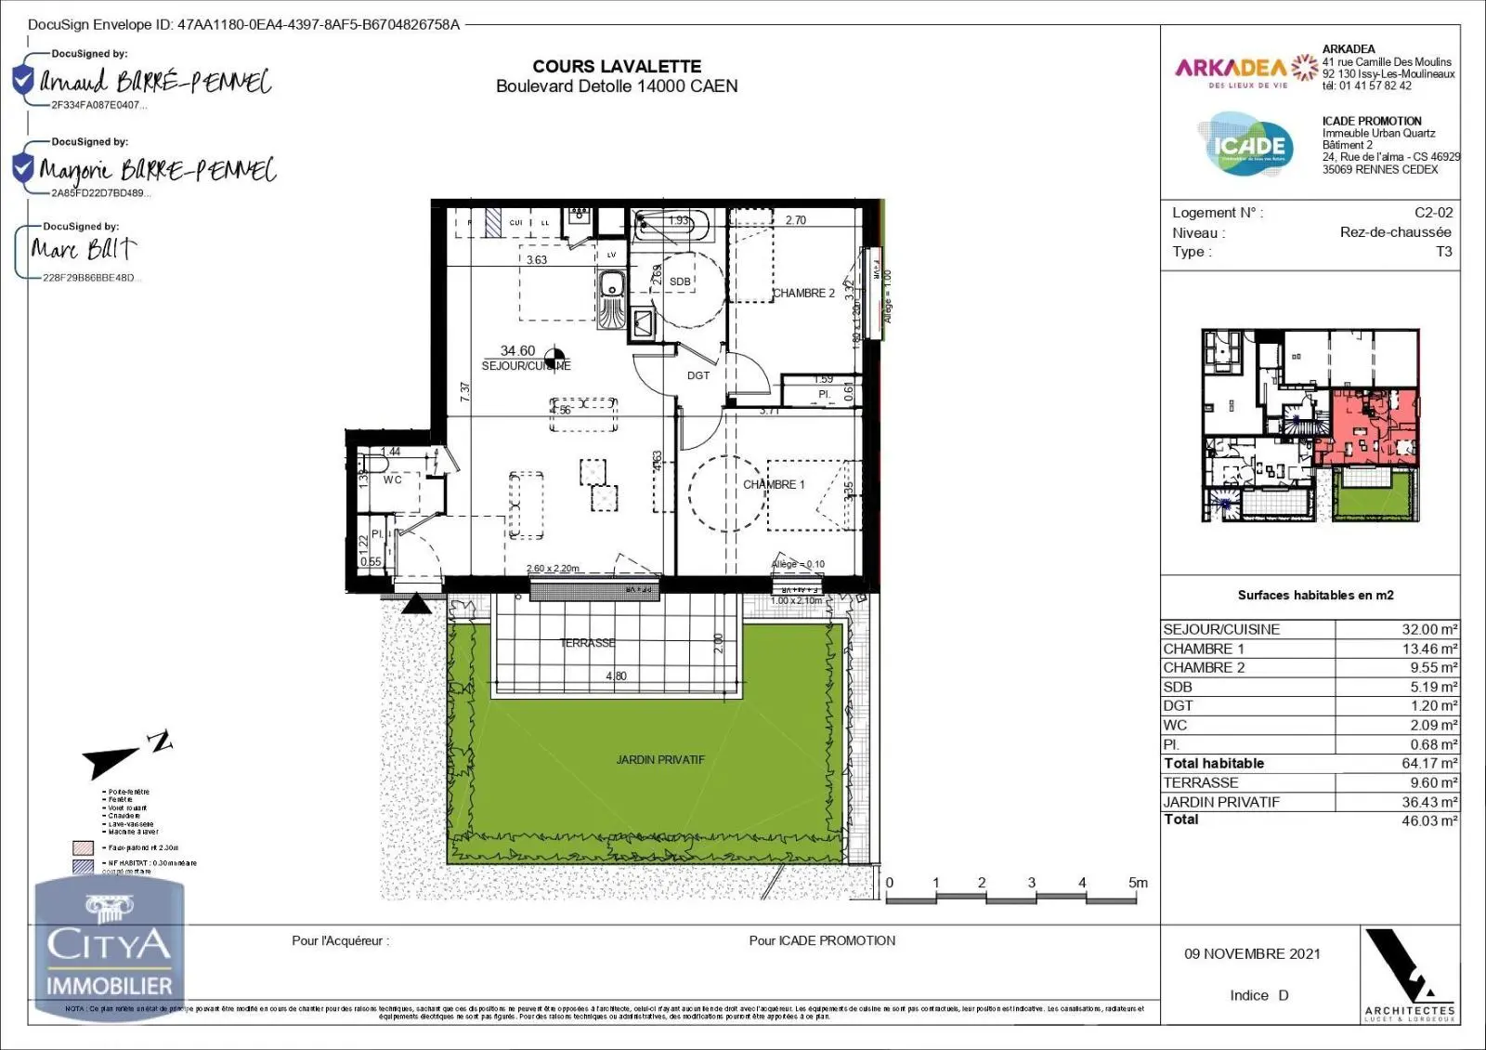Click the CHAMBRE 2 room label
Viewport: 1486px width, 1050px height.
[x=804, y=293]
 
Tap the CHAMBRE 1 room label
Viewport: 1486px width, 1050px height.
[x=774, y=484]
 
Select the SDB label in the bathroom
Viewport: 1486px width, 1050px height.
[x=680, y=282]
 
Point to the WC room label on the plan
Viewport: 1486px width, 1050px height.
[x=393, y=479]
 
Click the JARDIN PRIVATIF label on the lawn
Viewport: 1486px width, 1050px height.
[x=660, y=759]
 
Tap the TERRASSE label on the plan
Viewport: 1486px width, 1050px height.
[x=587, y=643]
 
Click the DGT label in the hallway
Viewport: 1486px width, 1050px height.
[x=698, y=375]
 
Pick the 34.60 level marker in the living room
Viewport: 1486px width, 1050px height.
[x=518, y=350]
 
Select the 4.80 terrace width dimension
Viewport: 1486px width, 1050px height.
[x=616, y=676]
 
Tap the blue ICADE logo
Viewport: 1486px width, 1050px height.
[x=1246, y=145]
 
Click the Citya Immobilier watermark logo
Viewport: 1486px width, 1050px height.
[x=110, y=948]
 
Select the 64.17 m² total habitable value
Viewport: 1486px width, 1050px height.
[x=1429, y=763]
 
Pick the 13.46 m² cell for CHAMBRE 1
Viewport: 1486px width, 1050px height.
[x=1429, y=649]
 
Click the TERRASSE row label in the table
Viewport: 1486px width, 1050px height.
[x=1201, y=782]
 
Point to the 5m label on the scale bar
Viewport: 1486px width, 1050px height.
[x=1138, y=883]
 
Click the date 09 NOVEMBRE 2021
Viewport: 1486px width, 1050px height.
[x=1252, y=953]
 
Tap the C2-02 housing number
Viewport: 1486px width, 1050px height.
[x=1433, y=213]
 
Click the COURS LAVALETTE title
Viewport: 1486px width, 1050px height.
[x=617, y=66]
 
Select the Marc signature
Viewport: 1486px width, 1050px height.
[x=84, y=249]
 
